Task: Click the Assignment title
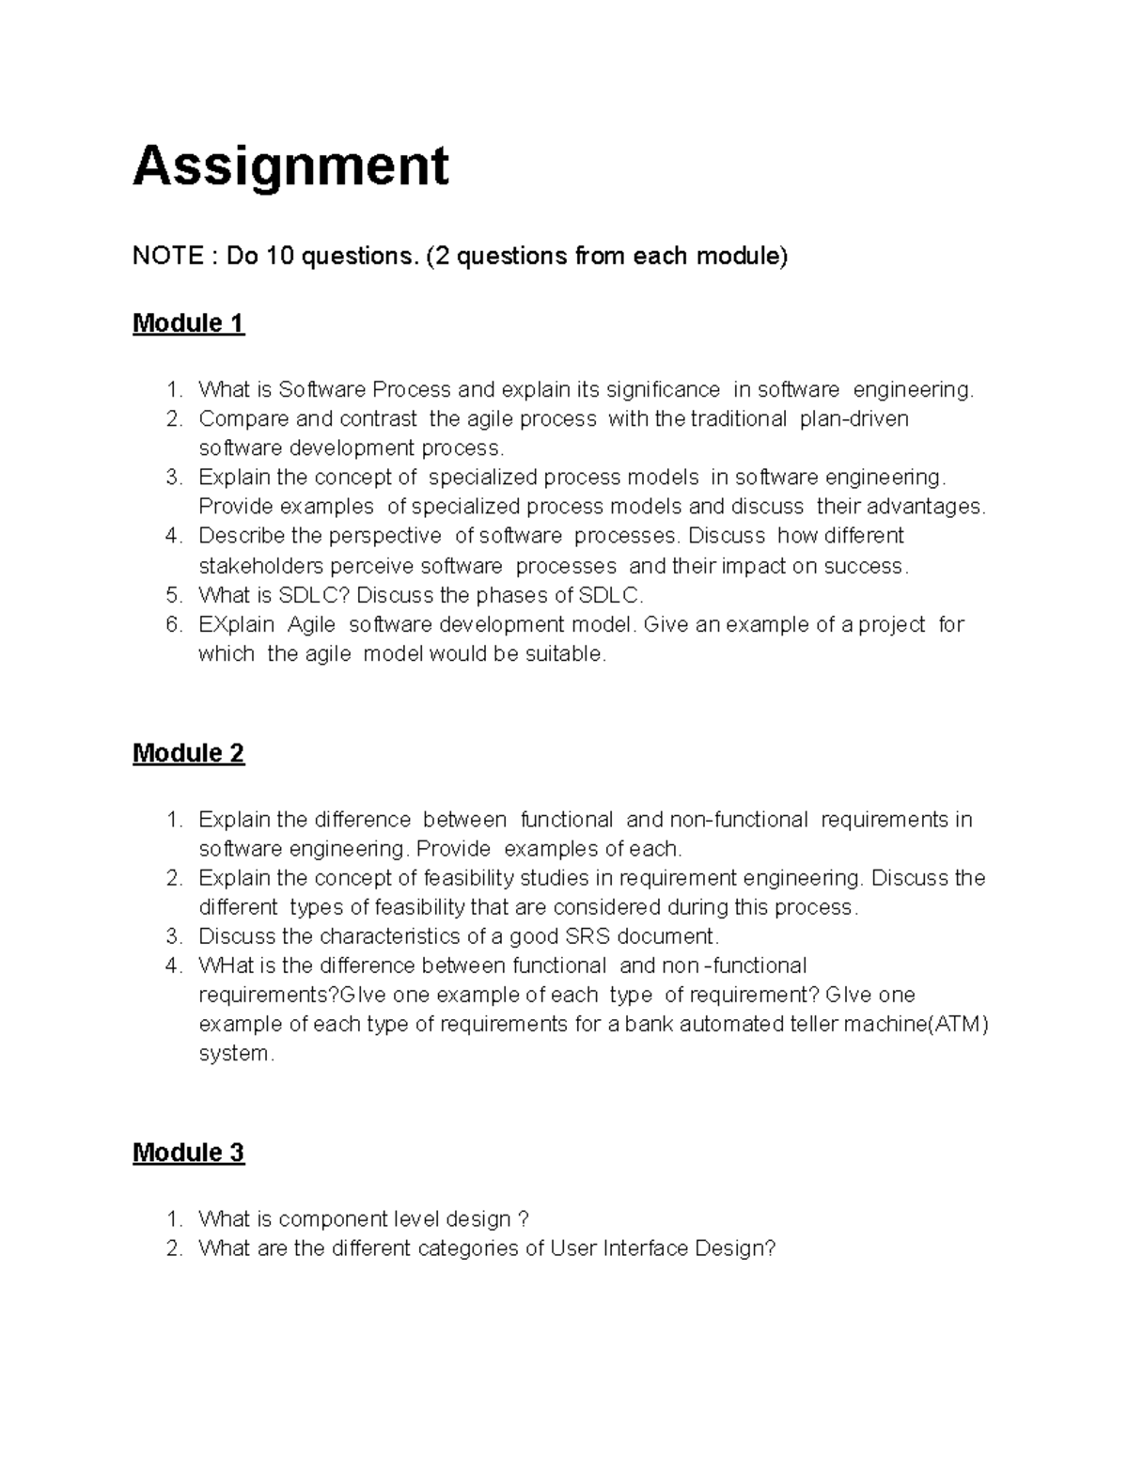(x=290, y=167)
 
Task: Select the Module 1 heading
(x=188, y=323)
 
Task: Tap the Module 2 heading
(x=188, y=753)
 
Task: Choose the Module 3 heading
(x=188, y=1153)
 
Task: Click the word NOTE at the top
(x=166, y=256)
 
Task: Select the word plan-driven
(x=854, y=418)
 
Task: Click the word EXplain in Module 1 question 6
(x=236, y=624)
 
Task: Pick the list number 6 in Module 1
(x=172, y=624)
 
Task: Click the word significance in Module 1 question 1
(x=663, y=389)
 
